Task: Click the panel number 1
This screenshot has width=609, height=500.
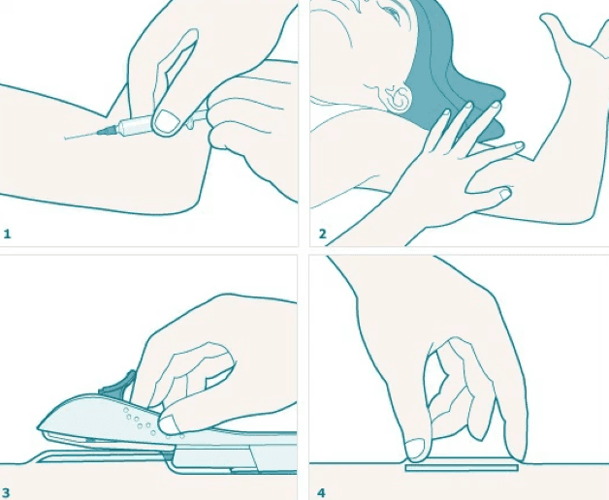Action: click(7, 234)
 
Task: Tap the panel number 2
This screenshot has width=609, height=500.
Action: click(322, 234)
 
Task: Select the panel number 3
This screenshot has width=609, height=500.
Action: click(7, 492)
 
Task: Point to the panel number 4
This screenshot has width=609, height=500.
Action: click(321, 492)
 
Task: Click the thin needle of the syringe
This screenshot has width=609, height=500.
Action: click(80, 136)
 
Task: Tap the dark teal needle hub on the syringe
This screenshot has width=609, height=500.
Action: click(108, 131)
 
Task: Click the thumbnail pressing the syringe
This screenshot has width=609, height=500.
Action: click(167, 121)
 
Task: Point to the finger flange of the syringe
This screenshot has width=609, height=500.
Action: click(190, 123)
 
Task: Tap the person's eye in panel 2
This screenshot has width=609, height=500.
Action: click(393, 13)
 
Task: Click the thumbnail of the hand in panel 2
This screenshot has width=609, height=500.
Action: click(504, 194)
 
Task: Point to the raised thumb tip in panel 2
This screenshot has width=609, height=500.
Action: click(548, 18)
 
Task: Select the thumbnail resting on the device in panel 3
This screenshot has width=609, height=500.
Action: click(169, 425)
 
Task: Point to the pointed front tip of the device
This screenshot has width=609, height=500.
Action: click(39, 427)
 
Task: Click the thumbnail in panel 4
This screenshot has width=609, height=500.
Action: click(415, 449)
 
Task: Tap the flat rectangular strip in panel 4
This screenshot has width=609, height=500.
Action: click(462, 468)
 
